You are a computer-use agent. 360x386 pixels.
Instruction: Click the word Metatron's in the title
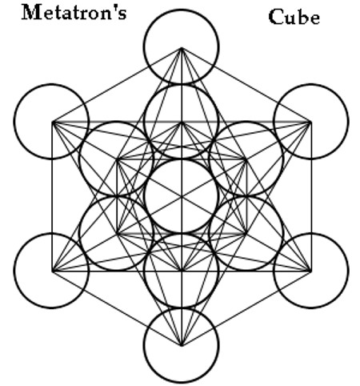74,13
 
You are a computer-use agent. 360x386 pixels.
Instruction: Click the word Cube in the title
294,17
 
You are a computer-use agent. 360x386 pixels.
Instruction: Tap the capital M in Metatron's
31,13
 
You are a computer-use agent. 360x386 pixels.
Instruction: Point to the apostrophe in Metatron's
116,10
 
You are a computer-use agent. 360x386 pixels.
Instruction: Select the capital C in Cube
275,17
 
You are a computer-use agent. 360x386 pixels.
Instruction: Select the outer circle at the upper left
14,122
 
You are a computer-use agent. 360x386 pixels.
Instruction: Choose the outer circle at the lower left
14,271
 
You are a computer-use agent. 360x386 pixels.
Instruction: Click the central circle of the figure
145,196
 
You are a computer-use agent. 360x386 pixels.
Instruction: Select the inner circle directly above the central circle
144,122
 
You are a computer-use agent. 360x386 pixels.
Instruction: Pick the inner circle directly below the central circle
144,271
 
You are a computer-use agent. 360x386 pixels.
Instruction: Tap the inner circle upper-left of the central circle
79,159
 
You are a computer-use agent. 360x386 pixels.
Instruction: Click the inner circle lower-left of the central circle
79,234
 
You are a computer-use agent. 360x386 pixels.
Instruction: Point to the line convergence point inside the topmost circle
182,48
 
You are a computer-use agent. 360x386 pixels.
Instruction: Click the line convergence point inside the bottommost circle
182,346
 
